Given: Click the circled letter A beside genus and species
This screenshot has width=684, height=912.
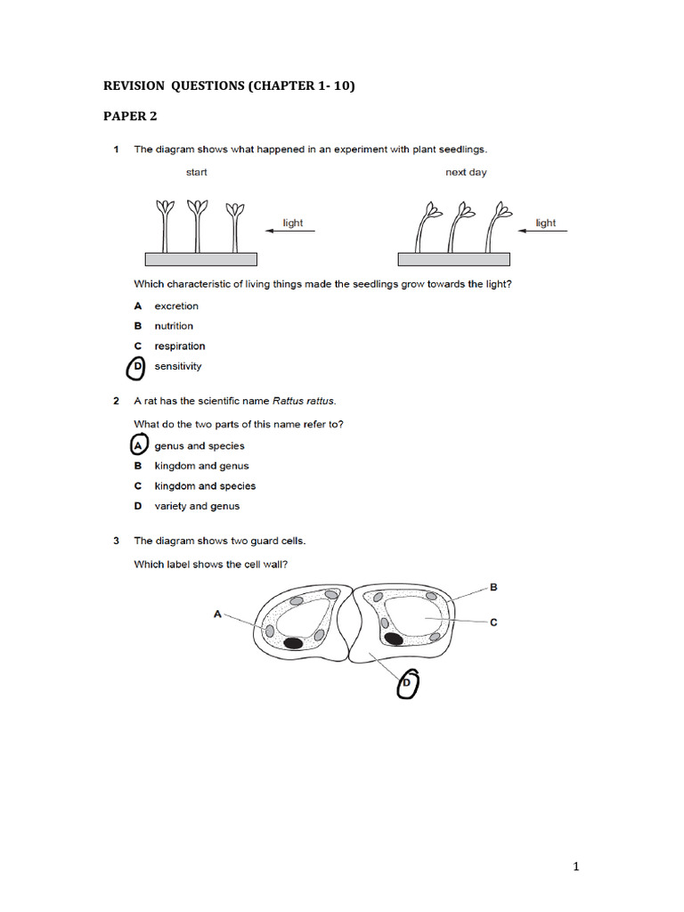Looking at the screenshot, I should click(138, 445).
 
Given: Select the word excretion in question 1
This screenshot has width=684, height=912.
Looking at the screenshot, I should click(176, 306).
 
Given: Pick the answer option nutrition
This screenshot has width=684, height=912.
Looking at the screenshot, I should click(174, 326).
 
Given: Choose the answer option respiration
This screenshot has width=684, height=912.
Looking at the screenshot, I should click(179, 346).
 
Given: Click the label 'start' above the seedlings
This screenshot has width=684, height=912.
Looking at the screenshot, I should click(196, 173).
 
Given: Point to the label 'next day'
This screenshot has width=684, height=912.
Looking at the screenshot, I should click(466, 173).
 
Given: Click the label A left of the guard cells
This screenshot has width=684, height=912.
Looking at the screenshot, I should click(217, 614).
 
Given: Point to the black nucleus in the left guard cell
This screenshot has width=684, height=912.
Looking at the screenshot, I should click(292, 642).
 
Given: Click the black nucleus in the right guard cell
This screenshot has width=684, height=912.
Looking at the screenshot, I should click(393, 638).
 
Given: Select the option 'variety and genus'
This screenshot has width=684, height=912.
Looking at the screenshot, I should click(197, 506).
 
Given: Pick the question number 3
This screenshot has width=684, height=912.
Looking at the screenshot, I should click(117, 541).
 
